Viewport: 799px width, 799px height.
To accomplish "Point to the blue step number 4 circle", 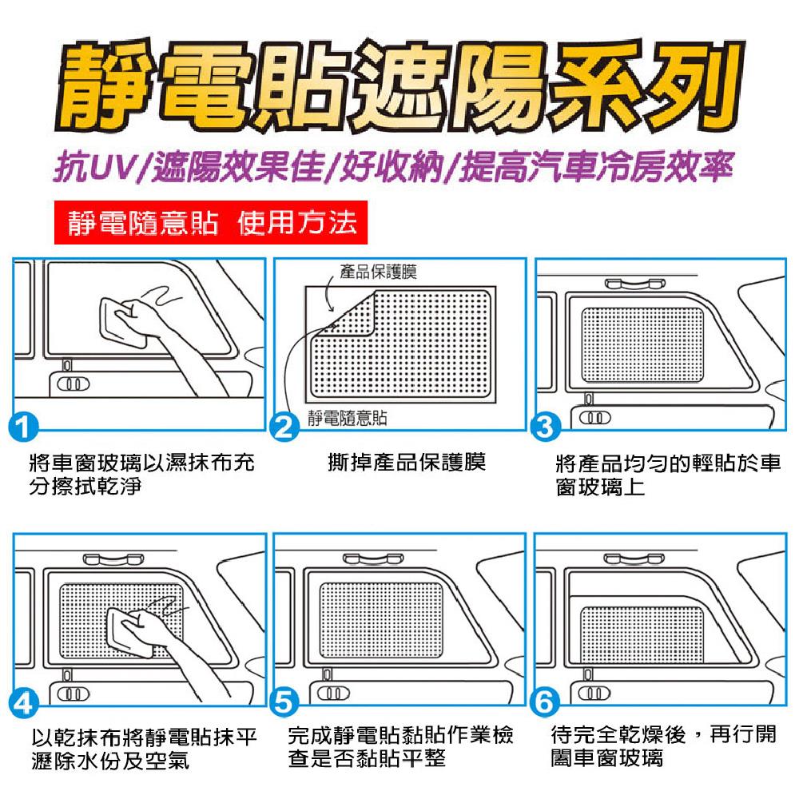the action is tap(23, 703).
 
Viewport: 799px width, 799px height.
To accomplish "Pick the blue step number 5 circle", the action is tap(284, 703).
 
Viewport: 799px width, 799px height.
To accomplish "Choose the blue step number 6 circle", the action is tap(545, 703).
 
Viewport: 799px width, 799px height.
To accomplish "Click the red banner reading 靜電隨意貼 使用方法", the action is tap(210, 223).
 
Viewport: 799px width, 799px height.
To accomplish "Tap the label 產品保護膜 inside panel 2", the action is tap(378, 272).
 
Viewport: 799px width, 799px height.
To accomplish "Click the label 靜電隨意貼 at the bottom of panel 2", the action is tap(347, 418).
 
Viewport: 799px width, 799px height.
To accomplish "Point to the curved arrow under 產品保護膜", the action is tap(328, 296).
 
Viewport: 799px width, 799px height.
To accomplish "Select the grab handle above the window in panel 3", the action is tap(635, 284).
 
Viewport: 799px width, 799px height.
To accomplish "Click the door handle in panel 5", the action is tap(333, 693).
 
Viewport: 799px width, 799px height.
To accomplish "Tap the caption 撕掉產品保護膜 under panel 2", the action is tap(406, 463).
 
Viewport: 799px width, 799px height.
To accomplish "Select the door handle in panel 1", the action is tap(73, 384).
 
